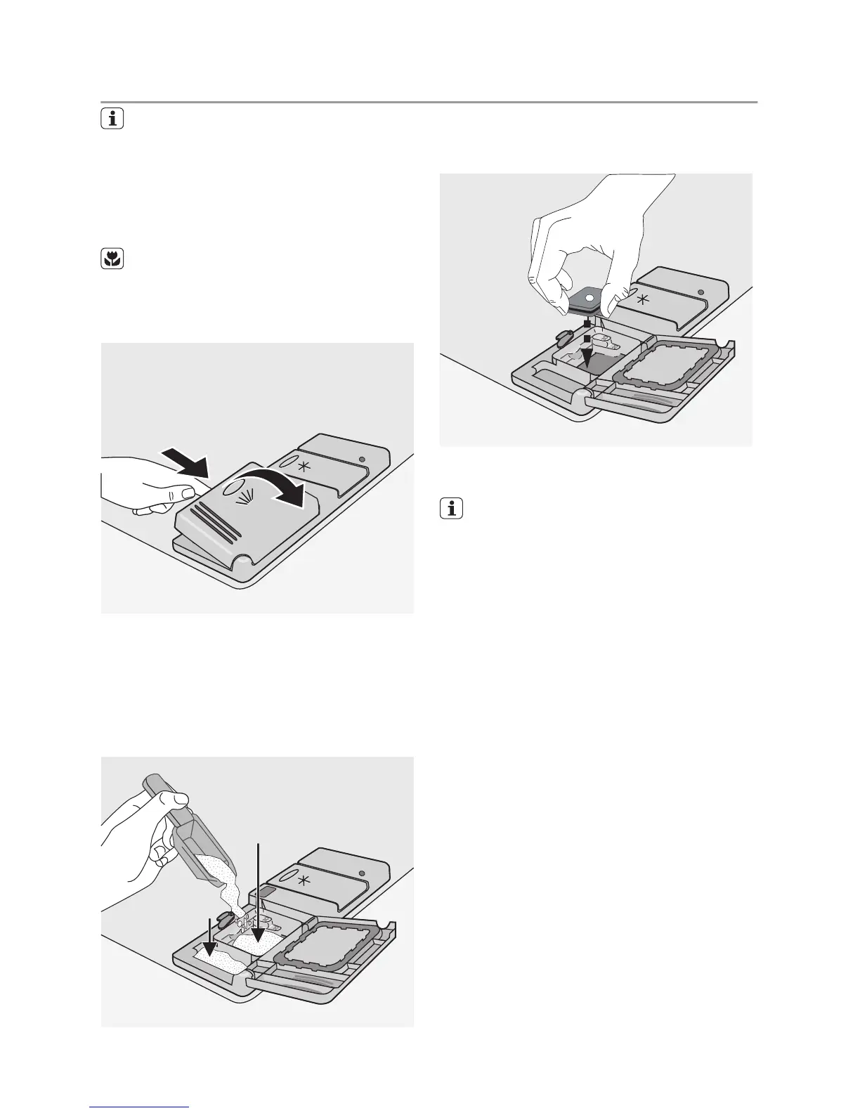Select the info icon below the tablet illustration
click(x=452, y=509)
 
